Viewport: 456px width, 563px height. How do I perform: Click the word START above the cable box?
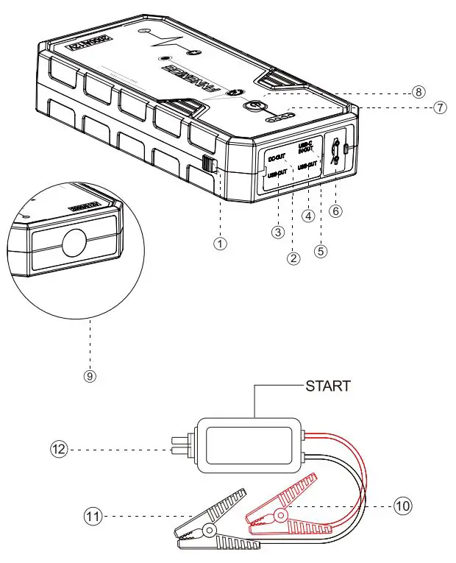pyautogui.click(x=327, y=386)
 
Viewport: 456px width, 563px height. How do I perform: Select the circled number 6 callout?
pyautogui.click(x=336, y=210)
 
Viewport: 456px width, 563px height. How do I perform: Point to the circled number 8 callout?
pyautogui.click(x=418, y=92)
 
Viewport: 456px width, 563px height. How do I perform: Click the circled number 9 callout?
pyautogui.click(x=90, y=375)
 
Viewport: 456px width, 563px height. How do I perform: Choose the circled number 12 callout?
pyautogui.click(x=58, y=447)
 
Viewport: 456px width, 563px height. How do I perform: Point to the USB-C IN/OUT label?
pyautogui.click(x=305, y=146)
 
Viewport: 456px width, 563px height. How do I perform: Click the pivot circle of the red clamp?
pyautogui.click(x=279, y=517)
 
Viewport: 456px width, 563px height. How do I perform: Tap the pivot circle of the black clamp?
pyautogui.click(x=210, y=530)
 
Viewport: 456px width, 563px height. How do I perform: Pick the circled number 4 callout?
pyautogui.click(x=309, y=216)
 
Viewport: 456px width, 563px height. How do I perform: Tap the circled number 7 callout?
pyautogui.click(x=440, y=107)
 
